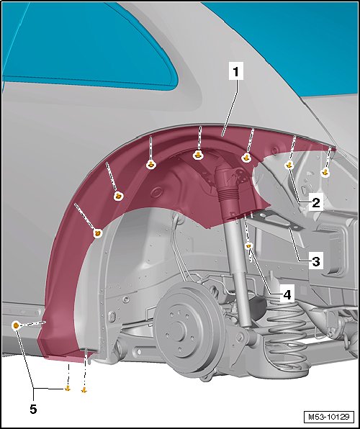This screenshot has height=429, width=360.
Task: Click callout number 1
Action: point(235,71)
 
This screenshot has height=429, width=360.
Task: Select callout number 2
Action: point(315,203)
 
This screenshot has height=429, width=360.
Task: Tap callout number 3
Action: point(315,261)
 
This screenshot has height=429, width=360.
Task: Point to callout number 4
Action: point(287,295)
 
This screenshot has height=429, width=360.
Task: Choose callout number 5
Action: point(33,410)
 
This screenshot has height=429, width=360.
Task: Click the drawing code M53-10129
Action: point(329,417)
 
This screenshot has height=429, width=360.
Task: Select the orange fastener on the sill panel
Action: point(16,325)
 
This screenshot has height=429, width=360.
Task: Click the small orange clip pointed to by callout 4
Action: point(249,246)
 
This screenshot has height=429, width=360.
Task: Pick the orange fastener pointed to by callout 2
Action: point(289,166)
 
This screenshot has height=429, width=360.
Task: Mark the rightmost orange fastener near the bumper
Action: point(325,172)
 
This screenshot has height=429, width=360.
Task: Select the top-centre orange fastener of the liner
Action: point(198,155)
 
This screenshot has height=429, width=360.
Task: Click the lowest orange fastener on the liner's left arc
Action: point(98,233)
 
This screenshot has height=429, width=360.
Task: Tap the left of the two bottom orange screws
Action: point(68,389)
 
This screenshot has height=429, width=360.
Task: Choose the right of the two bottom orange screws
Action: point(84,390)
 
